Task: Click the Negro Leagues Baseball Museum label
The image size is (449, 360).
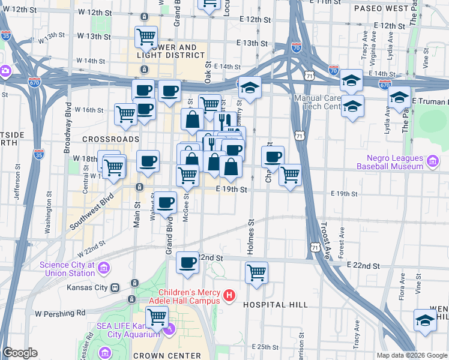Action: [391, 161]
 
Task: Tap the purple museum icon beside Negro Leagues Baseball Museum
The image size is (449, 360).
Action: [432, 160]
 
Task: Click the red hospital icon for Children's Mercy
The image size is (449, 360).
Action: [229, 296]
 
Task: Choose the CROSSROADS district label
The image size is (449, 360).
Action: [102, 139]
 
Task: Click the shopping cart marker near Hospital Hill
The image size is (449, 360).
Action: [256, 272]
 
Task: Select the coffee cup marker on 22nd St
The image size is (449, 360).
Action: [188, 262]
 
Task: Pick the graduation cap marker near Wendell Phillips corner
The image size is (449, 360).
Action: [425, 320]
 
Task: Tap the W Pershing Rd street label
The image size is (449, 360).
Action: [60, 313]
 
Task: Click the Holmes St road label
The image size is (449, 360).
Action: [251, 237]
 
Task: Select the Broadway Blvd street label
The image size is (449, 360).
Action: [68, 126]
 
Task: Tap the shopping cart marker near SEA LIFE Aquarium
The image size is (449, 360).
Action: [157, 315]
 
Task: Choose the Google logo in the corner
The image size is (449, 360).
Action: [20, 353]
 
